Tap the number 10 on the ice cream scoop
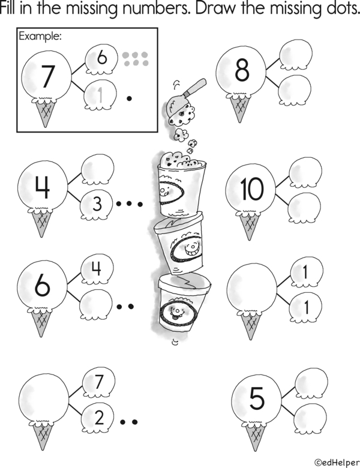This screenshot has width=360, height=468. [252, 188]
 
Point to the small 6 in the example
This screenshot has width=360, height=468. [101, 57]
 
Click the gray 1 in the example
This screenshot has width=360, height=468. [100, 95]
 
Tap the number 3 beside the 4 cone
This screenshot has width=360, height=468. [97, 204]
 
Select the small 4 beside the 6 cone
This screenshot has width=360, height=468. [96, 268]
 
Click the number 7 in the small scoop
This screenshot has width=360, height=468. [99, 381]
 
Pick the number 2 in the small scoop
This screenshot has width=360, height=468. [99, 417]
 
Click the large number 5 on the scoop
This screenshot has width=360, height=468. [257, 398]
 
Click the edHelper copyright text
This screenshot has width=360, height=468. [337, 463]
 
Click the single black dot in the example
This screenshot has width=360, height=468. [129, 98]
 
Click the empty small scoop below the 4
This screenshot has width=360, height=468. [96, 304]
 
